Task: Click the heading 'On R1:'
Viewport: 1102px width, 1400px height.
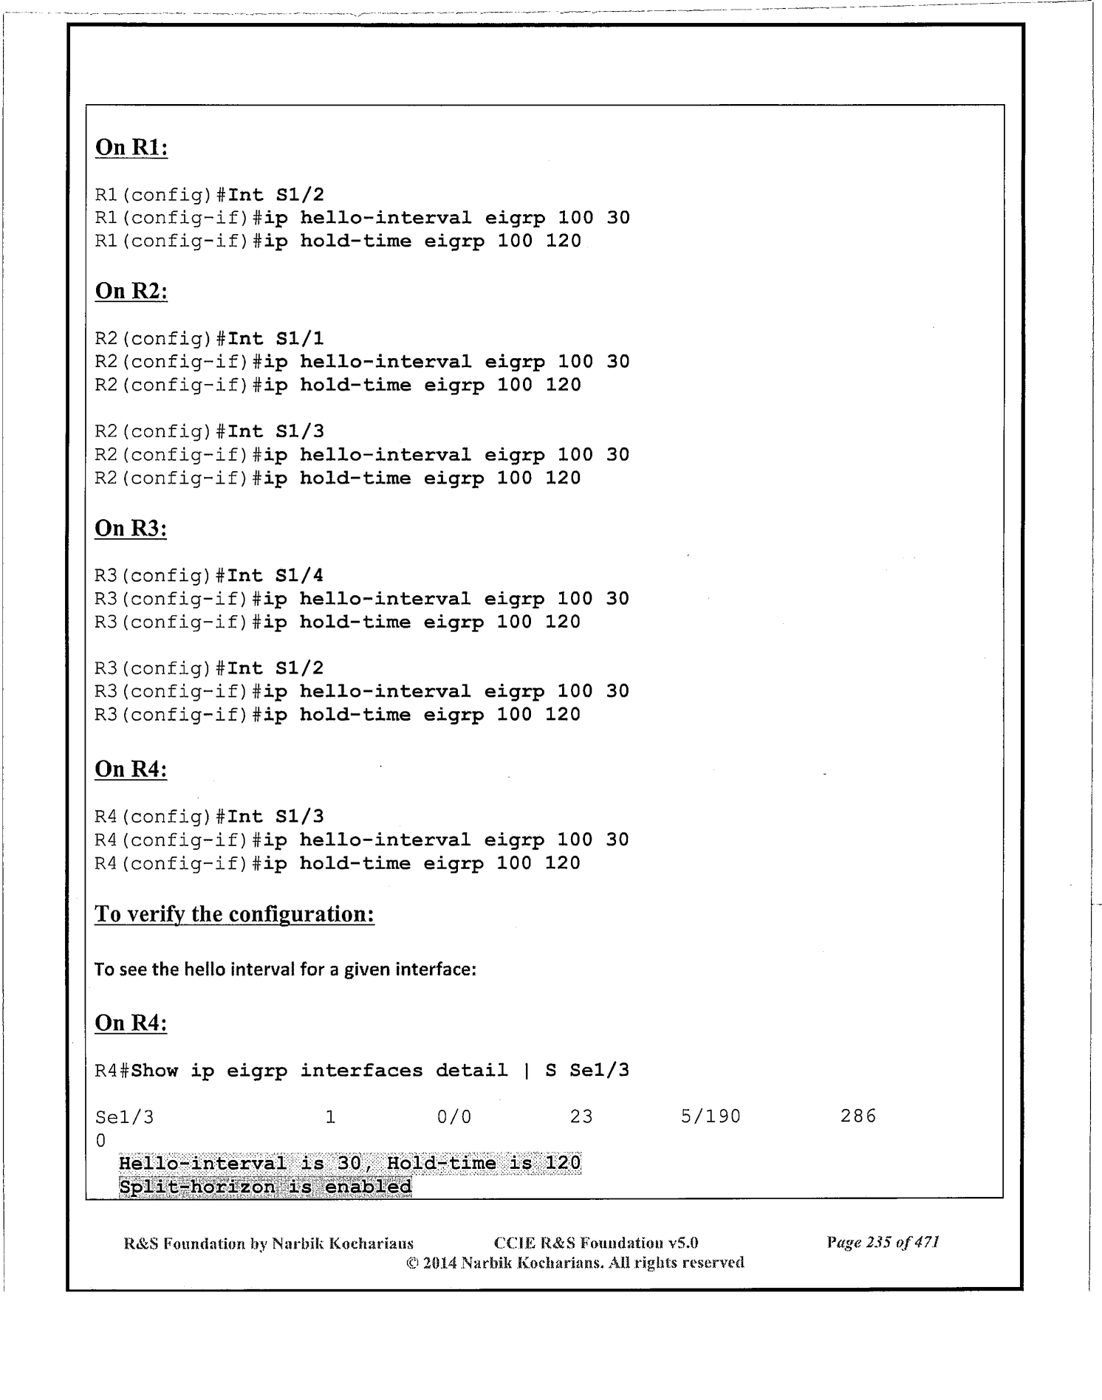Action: (x=131, y=147)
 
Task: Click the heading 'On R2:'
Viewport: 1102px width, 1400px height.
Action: (x=131, y=291)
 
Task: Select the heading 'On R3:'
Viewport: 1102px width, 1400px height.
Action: (x=131, y=528)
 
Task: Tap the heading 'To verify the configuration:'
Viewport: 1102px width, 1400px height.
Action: (x=234, y=914)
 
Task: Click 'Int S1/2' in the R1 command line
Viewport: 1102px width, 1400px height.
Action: (x=275, y=195)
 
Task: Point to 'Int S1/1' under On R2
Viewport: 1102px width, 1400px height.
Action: (x=275, y=339)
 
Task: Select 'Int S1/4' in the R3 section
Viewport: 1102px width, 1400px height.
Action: (x=275, y=576)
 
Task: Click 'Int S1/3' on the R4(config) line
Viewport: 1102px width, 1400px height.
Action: (x=275, y=817)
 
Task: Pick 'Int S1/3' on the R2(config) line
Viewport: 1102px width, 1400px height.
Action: (x=275, y=431)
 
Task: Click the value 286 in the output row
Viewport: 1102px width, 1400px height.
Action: (x=858, y=1116)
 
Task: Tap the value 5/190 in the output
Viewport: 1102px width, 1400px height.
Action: (x=711, y=1116)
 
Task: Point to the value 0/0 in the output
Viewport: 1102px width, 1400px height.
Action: (x=454, y=1116)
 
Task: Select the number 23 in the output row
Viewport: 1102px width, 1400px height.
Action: (x=581, y=1116)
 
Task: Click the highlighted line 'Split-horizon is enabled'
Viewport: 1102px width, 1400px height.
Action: (x=265, y=1187)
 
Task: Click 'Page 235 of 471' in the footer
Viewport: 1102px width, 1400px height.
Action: (x=883, y=1243)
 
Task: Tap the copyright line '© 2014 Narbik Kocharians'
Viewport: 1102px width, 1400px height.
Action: (x=575, y=1263)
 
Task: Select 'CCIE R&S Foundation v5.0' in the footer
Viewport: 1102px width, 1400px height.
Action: (x=596, y=1243)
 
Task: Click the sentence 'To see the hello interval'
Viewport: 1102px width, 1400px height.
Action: (x=285, y=969)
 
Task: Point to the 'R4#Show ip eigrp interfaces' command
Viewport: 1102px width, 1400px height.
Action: (x=362, y=1071)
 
